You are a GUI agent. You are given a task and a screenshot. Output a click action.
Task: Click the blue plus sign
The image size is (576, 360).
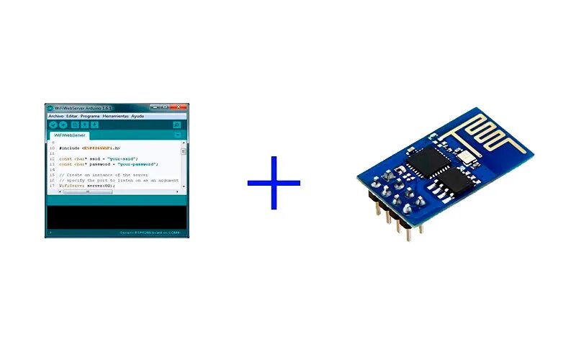tap(274, 183)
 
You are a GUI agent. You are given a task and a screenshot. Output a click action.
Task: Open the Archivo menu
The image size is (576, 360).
tap(55, 116)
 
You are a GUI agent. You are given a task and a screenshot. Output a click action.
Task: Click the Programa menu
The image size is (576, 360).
tap(90, 116)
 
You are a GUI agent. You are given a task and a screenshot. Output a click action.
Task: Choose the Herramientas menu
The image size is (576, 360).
tap(115, 116)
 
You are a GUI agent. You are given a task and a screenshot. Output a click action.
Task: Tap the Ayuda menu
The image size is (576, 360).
tap(138, 116)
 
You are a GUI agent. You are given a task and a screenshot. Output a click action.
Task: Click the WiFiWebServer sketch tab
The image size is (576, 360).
tap(70, 135)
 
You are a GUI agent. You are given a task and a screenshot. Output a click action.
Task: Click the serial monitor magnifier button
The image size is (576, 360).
tap(177, 125)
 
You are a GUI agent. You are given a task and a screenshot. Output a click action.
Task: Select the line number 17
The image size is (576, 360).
tap(51, 186)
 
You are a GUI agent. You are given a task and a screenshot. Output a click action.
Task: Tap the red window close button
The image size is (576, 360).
tap(180, 107)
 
